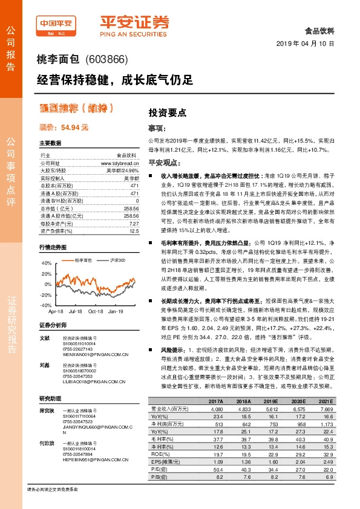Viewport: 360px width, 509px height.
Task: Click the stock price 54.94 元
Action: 64,128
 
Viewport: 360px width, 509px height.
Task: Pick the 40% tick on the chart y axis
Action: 47,264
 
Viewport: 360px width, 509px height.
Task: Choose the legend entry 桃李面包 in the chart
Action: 83,260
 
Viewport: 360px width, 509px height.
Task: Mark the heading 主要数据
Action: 50,143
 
